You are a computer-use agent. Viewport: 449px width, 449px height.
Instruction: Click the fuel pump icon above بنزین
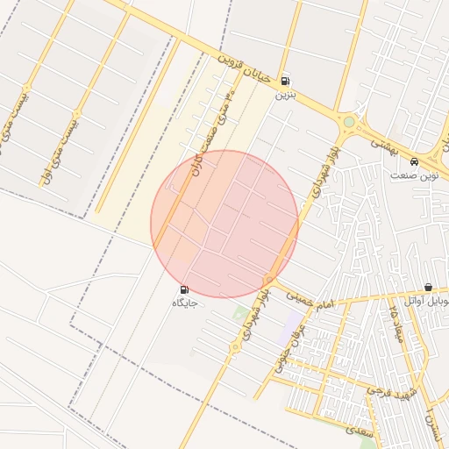coord(284,79)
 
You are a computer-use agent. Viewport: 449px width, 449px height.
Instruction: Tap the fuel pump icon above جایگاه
coord(184,290)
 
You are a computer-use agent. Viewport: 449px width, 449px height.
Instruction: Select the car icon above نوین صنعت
coord(414,161)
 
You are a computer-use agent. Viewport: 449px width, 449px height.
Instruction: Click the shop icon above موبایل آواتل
coord(428,288)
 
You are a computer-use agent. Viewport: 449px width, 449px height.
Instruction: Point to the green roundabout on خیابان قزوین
coord(349,122)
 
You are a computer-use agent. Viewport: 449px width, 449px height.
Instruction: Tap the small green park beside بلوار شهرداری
coord(239,312)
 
